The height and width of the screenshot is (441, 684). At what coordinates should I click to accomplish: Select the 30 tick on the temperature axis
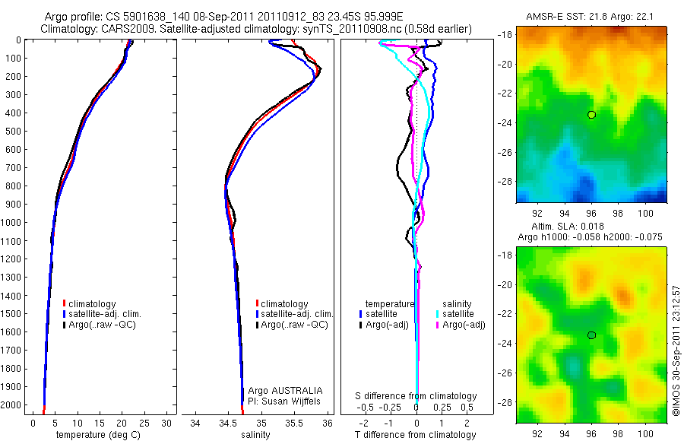pos(167,422)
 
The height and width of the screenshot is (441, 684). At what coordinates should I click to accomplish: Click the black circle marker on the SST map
pos(591,115)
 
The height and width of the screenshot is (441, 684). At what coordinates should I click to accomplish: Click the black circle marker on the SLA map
pos(591,335)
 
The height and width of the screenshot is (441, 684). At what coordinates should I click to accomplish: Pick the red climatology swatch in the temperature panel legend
pos(64,304)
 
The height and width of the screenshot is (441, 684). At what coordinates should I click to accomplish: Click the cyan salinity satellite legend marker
pos(439,314)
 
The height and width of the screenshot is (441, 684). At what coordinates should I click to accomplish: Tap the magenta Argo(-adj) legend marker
pos(439,325)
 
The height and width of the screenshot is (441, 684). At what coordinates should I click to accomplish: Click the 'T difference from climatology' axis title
pos(416,435)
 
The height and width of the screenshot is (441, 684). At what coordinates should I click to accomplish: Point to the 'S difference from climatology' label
pos(416,396)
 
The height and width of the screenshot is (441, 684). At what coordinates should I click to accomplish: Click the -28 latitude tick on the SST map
pos(505,182)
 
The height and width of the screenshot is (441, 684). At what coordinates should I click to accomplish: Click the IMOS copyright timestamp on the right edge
pos(676,351)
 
